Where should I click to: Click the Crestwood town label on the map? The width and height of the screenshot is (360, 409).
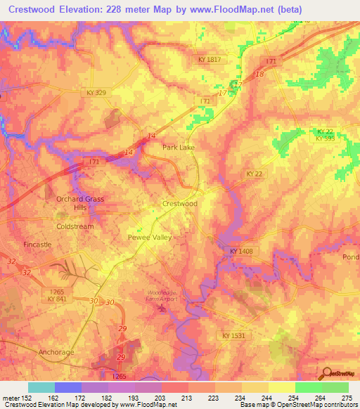(179, 204)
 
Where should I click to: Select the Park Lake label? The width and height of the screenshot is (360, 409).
(178, 148)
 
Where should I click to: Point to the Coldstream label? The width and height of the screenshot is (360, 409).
(75, 227)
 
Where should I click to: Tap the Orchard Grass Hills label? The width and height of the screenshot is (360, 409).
(80, 204)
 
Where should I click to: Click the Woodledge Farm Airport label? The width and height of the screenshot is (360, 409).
(162, 296)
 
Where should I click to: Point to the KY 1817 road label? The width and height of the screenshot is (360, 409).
(209, 60)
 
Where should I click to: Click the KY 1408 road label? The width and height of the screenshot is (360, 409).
(240, 250)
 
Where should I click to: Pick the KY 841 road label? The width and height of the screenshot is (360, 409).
(62, 299)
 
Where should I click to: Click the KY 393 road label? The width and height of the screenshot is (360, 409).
(324, 138)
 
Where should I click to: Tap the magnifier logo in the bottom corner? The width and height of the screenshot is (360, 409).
(326, 372)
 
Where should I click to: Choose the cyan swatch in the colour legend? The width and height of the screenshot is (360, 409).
(41, 387)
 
